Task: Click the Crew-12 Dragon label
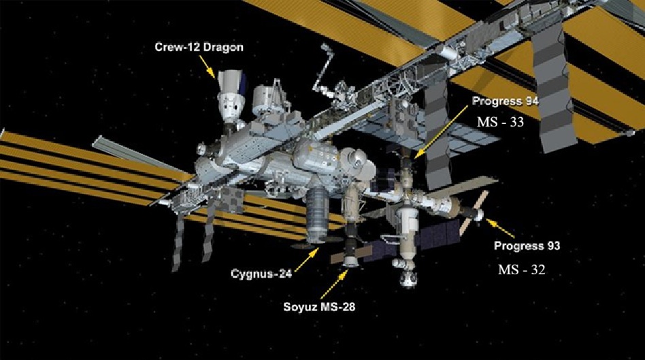199,47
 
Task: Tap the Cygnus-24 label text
261,274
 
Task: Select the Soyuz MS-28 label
319,306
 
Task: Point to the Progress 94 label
505,101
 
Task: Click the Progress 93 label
527,246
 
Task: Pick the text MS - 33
500,122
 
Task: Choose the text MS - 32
522,269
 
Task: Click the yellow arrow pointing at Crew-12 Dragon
208,67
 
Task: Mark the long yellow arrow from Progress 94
442,131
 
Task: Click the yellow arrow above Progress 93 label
500,228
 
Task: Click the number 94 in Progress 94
531,101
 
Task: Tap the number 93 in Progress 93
552,246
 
